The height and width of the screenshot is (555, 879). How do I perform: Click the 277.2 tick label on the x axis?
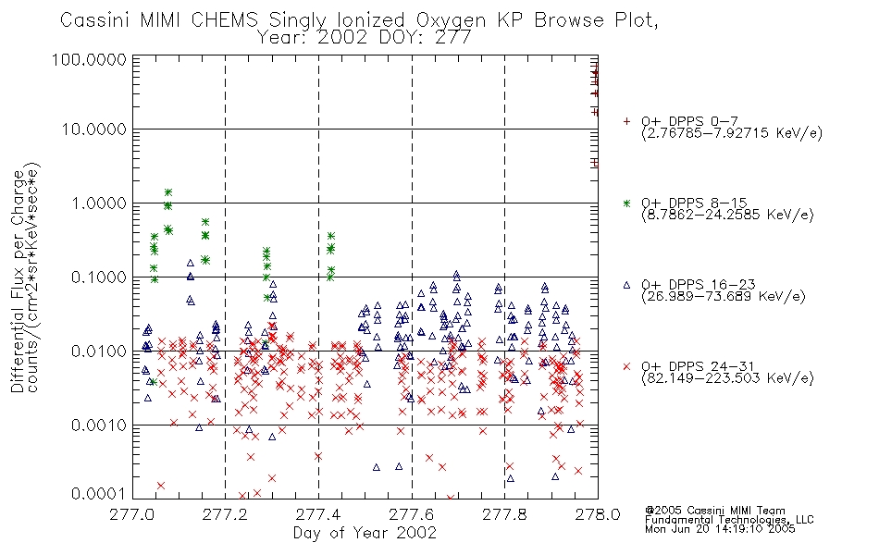[226, 514]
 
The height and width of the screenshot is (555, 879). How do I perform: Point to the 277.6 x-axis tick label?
[412, 514]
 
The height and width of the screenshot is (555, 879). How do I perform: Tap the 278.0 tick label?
[598, 514]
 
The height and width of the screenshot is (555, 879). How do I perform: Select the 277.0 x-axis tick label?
[132, 514]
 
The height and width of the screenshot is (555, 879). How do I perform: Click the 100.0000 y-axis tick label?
[89, 59]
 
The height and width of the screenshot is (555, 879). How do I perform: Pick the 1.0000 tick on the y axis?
[99, 203]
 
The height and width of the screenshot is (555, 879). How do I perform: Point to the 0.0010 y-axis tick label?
[99, 425]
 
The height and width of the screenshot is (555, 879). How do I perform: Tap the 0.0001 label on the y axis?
[99, 493]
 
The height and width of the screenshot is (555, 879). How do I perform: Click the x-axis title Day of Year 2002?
[365, 533]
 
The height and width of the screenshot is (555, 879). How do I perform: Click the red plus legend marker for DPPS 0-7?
[626, 121]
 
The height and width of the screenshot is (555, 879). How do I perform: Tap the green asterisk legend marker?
[626, 203]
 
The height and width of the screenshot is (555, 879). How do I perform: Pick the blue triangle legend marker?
[626, 285]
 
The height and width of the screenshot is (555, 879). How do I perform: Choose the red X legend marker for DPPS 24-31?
[626, 366]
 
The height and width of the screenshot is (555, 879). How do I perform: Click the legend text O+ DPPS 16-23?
[698, 285]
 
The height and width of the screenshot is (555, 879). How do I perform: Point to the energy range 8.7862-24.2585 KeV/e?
[727, 216]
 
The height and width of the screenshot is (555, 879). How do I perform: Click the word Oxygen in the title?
[452, 20]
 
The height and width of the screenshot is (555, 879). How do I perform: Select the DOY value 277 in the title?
[452, 38]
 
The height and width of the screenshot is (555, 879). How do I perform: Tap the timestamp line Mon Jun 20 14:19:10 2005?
[720, 529]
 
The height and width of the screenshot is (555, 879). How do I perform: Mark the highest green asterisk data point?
[167, 192]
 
